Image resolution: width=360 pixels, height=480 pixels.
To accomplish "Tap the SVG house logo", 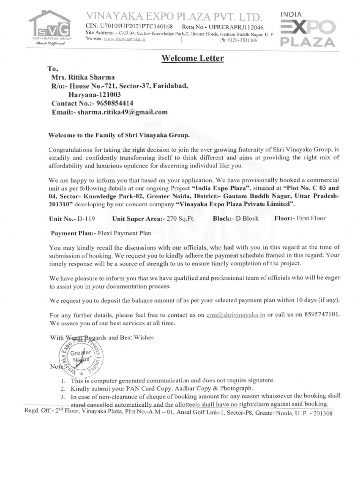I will pos(50,27).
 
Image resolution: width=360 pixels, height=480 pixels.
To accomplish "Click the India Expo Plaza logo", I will pos(307,30).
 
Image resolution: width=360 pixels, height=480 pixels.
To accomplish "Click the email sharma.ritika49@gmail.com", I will pos(123,112).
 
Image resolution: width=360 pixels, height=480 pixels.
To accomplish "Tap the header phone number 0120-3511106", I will pos(239,40).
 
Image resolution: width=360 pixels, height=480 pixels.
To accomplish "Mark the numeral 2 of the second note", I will pos(63,389).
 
